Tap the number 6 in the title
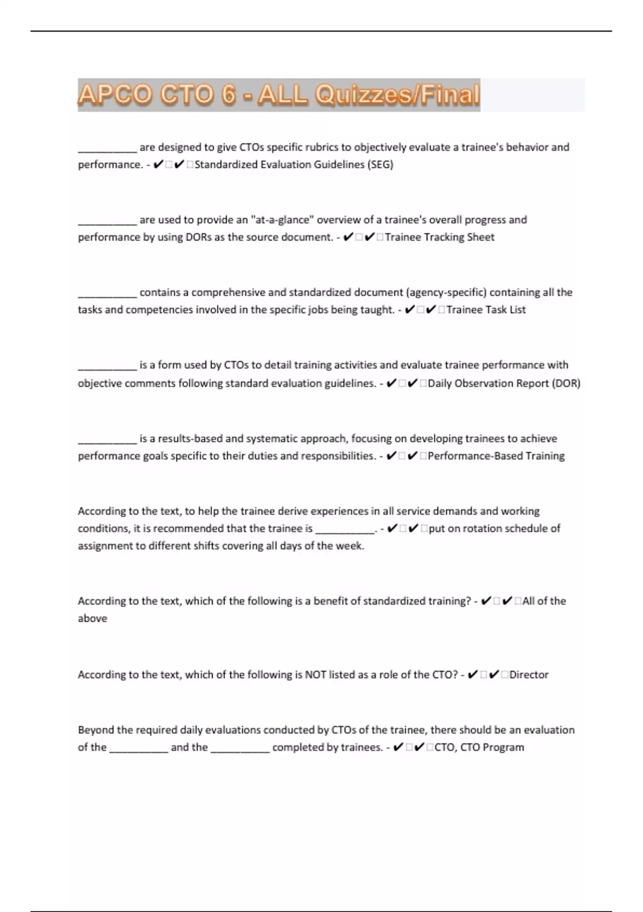point(228,95)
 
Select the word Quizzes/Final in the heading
point(397,95)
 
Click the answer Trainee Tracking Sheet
point(439,237)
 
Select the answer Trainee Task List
point(486,310)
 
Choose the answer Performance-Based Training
point(496,456)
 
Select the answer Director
point(529,674)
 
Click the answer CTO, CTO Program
point(479,747)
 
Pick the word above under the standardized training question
point(92,619)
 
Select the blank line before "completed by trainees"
point(240,749)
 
